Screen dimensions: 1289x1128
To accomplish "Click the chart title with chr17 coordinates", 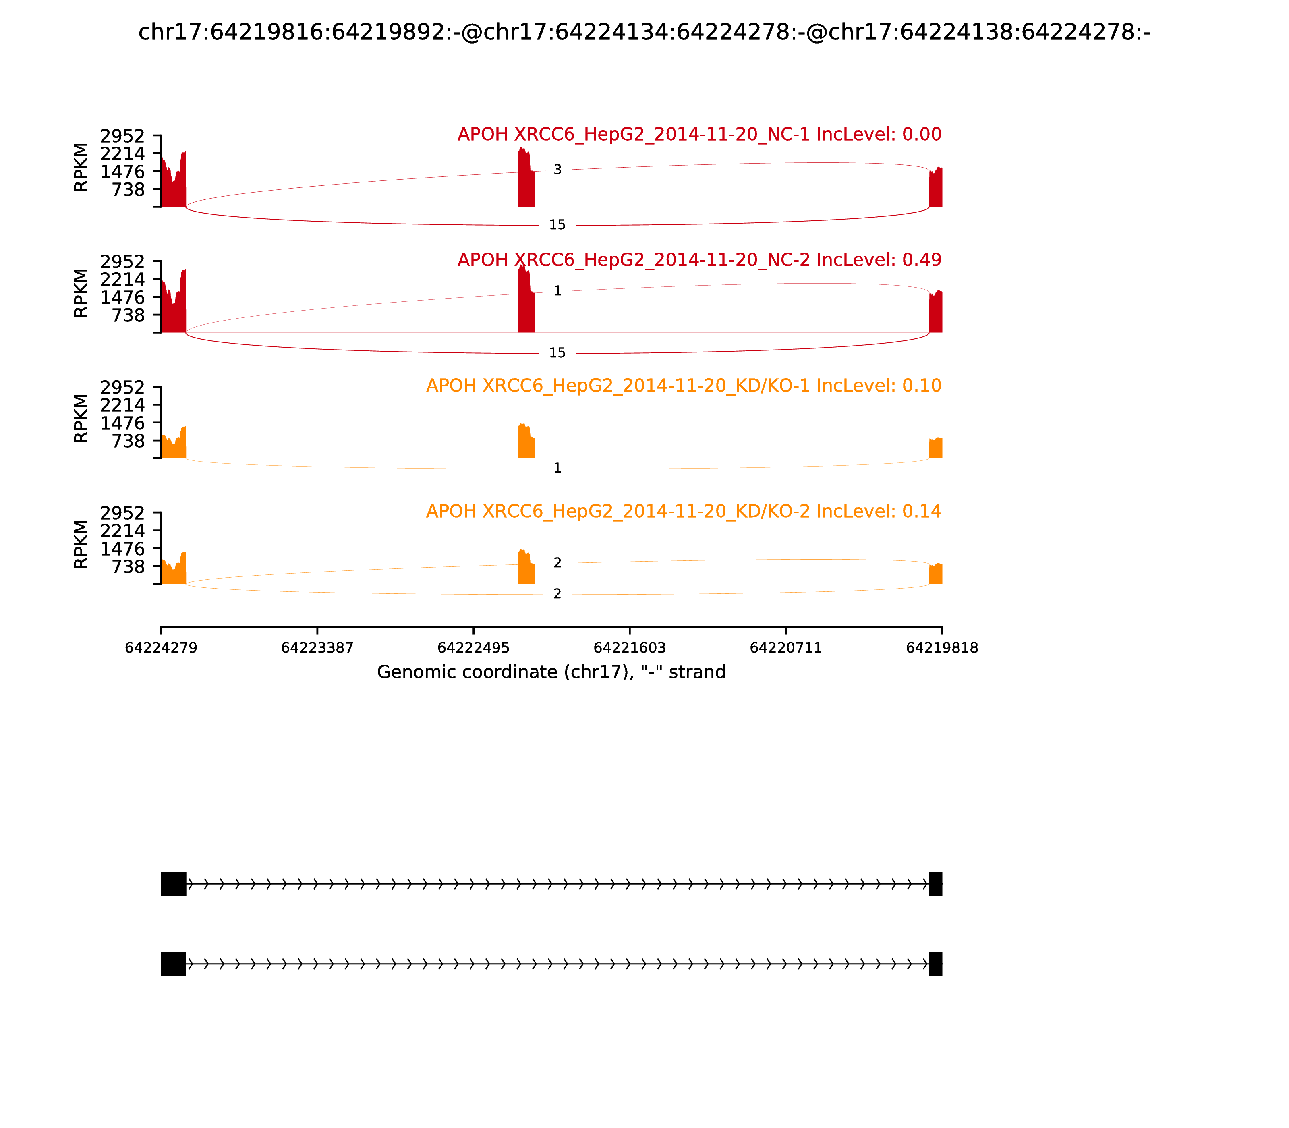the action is [644, 32].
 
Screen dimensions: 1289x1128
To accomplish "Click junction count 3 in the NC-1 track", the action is [557, 169].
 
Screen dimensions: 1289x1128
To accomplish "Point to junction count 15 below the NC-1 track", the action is [557, 225].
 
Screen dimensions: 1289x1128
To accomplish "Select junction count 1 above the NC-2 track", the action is [557, 291].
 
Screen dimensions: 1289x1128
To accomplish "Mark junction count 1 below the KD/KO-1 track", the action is [557, 468].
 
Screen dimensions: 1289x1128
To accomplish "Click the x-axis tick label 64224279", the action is [161, 648].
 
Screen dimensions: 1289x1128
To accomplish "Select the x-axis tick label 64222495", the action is [473, 648].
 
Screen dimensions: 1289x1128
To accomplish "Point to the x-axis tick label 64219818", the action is [942, 648].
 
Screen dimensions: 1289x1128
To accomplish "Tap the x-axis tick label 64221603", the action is [629, 648].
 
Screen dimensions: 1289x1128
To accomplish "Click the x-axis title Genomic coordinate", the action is [551, 672].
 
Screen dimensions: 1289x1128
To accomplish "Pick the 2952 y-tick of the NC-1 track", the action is [122, 136].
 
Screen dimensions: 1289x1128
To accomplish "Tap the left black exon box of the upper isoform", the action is [174, 884].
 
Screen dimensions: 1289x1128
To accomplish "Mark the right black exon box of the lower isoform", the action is [936, 964].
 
